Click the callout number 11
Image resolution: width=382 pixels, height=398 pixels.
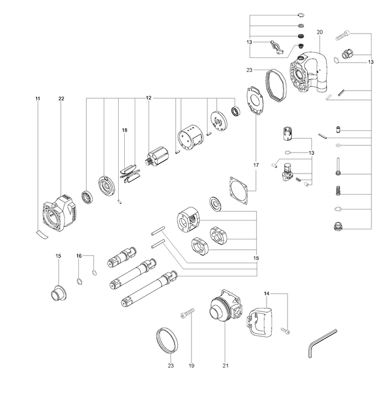pos(38,98)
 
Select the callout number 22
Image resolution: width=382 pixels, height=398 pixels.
pos(61,98)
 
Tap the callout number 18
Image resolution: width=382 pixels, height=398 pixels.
pos(125,130)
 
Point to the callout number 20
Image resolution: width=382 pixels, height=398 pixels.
pos(320,32)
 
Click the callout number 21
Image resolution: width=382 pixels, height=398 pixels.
pos(226,365)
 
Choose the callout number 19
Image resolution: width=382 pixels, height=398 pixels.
pos(192,365)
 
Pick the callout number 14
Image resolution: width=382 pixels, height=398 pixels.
pos(267,293)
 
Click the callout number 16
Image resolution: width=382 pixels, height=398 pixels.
pos(79,256)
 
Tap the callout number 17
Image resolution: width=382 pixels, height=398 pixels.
pos(256,165)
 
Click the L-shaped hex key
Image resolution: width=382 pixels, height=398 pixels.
pos(320,343)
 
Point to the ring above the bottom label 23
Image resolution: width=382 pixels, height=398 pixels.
pos(167,340)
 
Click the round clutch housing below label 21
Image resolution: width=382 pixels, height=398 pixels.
pos(224,310)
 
